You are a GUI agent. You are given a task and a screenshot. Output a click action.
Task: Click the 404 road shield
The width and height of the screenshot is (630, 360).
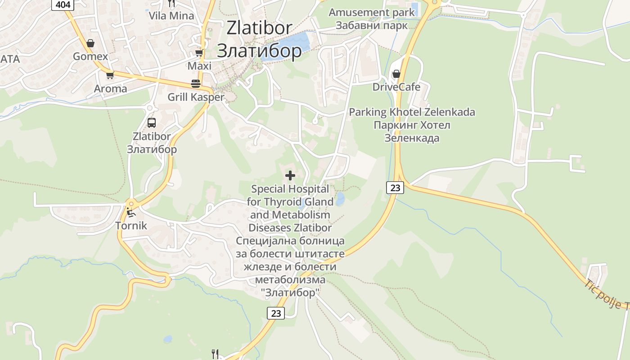coord(63,4)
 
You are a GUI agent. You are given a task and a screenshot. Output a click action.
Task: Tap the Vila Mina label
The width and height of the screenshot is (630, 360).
coord(171,16)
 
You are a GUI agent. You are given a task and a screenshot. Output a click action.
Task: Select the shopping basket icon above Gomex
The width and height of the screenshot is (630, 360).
coord(90,43)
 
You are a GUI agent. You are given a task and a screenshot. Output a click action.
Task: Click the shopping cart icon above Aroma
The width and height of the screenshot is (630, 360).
coord(110,75)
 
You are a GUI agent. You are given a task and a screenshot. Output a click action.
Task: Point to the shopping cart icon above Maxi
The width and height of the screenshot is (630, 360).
coord(199,53)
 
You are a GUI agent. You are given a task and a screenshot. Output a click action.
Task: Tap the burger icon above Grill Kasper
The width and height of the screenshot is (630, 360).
coord(196,84)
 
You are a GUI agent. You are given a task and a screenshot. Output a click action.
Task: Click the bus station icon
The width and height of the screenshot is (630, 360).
coord(152,122)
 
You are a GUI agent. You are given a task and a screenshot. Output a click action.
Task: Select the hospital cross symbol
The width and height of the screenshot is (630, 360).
coord(290,175)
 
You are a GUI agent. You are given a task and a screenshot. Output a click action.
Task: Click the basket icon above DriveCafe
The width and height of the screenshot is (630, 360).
coord(396,73)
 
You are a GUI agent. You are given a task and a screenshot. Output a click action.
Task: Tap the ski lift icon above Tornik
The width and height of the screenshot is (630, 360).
coord(131,212)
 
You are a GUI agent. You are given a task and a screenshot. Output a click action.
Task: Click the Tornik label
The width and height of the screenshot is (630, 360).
coord(131,225)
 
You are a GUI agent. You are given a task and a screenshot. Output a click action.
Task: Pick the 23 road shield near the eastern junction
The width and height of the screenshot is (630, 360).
coord(395,188)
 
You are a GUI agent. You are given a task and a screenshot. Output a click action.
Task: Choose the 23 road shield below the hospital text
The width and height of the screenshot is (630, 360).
coord(276,313)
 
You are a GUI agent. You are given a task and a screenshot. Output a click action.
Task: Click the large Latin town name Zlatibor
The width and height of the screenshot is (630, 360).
coord(259,28)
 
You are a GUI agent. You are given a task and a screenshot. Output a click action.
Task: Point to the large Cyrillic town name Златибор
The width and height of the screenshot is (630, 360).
coord(259,50)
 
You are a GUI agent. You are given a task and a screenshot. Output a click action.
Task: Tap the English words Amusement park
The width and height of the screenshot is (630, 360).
coord(372,12)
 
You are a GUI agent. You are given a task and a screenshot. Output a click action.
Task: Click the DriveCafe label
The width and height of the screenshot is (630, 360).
coord(396,87)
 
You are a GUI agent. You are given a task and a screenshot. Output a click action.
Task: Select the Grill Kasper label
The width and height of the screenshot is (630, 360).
coord(196,97)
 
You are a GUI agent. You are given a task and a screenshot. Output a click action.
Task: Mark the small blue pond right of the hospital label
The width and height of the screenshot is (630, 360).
coord(340,198)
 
